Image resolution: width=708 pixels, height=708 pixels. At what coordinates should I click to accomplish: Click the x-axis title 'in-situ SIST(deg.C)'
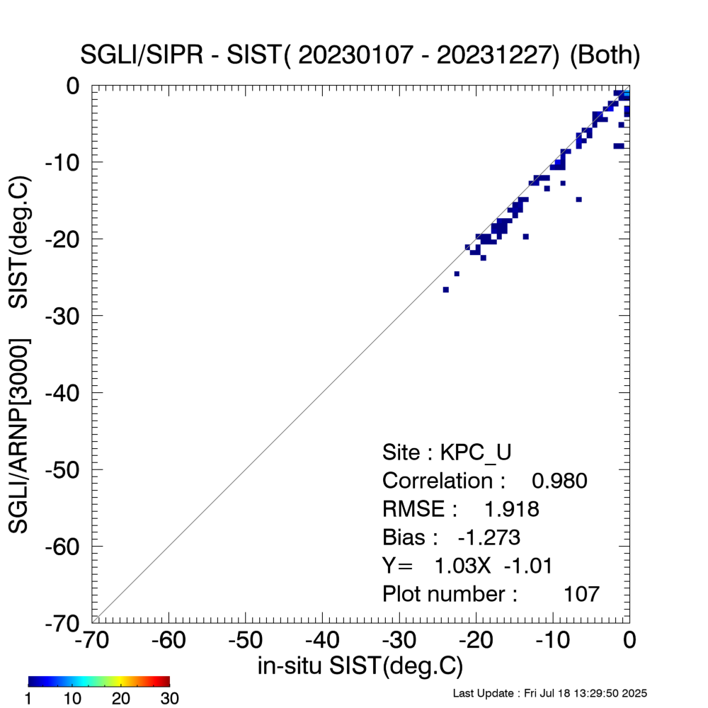(x=360, y=666)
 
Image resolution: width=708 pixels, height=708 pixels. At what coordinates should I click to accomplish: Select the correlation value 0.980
(x=559, y=481)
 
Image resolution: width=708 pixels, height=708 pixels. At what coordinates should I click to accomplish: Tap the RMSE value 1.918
(x=511, y=509)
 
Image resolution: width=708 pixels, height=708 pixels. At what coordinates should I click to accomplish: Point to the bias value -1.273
(x=489, y=537)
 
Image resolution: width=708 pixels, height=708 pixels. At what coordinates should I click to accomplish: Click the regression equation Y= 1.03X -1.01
(x=467, y=566)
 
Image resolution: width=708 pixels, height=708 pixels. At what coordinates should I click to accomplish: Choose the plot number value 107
(x=581, y=594)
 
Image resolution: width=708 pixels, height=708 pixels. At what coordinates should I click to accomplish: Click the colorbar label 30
(x=169, y=699)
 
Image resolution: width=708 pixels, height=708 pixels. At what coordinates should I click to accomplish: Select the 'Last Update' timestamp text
(x=550, y=692)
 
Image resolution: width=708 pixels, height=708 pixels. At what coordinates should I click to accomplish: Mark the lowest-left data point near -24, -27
(x=445, y=290)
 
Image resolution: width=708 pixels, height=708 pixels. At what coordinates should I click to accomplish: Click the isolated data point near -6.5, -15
(x=578, y=200)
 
